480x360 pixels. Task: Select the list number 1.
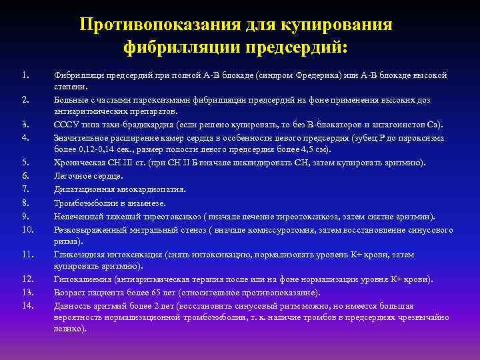click(x=24, y=75)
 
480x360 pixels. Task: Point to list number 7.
click(x=24, y=189)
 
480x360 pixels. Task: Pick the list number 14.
click(x=27, y=305)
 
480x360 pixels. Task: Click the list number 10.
click(x=27, y=229)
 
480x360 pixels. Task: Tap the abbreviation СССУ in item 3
click(x=65, y=125)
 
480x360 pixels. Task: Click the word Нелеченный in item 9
click(x=76, y=217)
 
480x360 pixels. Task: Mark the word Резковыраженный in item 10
click(x=87, y=229)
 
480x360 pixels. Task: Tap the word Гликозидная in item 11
click(x=77, y=255)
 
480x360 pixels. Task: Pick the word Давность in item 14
click(x=71, y=305)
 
